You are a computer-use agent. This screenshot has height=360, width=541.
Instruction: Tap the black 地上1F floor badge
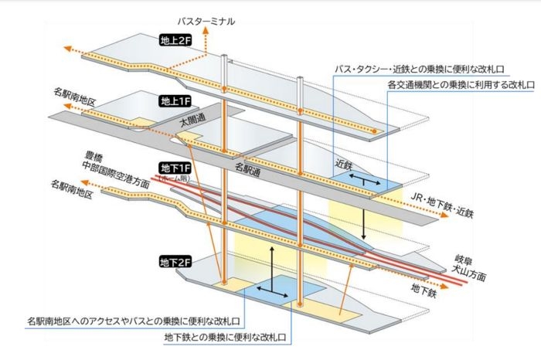173,101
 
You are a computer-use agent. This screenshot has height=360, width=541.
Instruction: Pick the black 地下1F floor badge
173,168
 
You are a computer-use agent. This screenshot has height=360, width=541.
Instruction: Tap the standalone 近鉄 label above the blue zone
343,164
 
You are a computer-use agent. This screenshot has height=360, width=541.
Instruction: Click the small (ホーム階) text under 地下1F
173,178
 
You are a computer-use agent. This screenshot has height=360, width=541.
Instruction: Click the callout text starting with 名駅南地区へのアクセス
134,320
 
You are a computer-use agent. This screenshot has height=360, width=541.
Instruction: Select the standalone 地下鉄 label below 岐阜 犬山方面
424,294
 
